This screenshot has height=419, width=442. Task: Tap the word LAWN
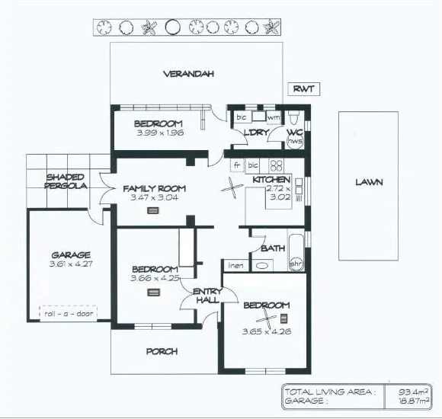[368, 183]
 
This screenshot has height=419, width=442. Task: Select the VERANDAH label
[187, 74]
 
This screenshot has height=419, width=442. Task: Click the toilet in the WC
[296, 119]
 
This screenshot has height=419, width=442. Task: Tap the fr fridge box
[237, 165]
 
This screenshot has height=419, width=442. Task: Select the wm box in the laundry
[272, 118]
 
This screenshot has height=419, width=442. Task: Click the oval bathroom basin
[262, 266]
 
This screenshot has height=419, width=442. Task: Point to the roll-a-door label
[69, 313]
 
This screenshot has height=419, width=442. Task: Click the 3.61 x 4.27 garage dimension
[70, 265]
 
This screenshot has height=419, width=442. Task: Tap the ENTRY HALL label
[207, 296]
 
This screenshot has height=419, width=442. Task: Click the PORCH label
[162, 351]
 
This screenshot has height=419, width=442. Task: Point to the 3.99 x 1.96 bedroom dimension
[158, 133]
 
